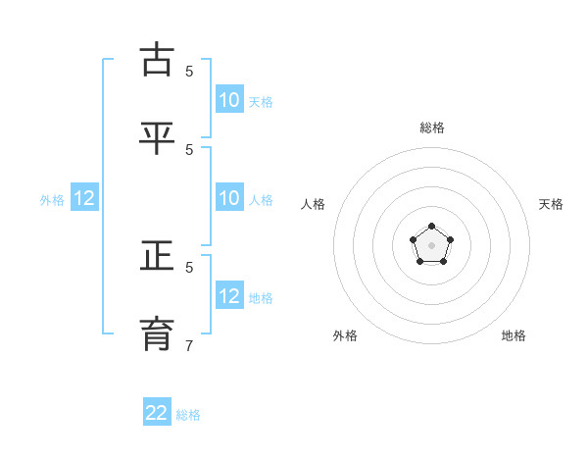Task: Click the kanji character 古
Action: (x=158, y=60)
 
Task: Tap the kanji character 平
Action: (x=158, y=138)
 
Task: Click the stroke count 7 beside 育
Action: (x=189, y=345)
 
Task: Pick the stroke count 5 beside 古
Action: (x=189, y=71)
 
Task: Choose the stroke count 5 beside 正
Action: (x=189, y=266)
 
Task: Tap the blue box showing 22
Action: (x=157, y=413)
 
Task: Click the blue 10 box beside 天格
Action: (x=229, y=99)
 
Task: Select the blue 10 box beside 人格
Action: (x=229, y=198)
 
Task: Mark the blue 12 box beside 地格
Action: (x=229, y=295)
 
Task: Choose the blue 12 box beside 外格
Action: (x=84, y=198)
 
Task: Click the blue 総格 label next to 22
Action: (x=188, y=415)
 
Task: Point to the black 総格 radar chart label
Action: (x=432, y=128)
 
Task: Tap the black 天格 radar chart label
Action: (x=551, y=204)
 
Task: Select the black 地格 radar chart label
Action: (x=514, y=335)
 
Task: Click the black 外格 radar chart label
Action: (x=345, y=335)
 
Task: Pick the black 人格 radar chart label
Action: (x=314, y=204)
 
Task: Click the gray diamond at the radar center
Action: (x=432, y=245)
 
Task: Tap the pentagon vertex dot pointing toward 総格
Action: (x=432, y=227)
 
